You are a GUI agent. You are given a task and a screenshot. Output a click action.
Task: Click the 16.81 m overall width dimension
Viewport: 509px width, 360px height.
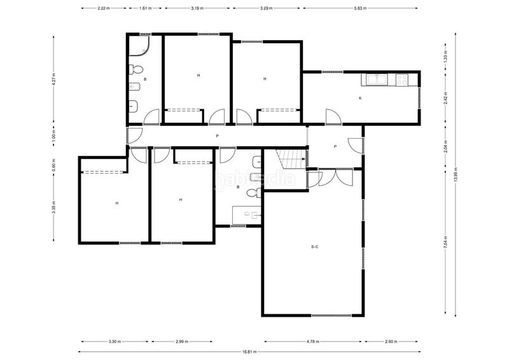coord(249,352)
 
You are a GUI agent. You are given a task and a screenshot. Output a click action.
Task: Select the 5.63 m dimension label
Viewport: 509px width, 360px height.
coord(360,8)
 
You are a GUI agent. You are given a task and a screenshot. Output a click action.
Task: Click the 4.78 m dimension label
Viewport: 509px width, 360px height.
coord(313,342)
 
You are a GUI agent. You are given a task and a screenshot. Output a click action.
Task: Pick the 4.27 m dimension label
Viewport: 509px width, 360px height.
coord(53,80)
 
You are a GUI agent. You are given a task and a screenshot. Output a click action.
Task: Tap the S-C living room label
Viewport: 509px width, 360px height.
coord(314,247)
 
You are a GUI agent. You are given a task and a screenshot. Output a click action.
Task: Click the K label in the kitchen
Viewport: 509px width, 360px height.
coord(360,98)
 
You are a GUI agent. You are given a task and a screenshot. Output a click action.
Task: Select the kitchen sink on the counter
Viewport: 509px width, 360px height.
coord(377,80)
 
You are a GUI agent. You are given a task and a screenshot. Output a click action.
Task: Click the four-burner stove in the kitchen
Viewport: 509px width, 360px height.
coord(402,80)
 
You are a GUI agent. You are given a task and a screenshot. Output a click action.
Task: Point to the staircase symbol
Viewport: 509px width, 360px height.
coord(291,159)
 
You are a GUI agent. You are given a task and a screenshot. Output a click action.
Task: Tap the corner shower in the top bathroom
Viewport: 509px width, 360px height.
coord(139,46)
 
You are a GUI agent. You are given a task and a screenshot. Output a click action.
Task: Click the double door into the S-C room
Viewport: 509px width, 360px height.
coord(336,177)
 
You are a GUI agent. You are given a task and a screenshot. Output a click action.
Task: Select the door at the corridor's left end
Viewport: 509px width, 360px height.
coord(134,136)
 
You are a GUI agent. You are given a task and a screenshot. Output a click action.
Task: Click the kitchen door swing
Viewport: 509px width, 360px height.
coord(333,117)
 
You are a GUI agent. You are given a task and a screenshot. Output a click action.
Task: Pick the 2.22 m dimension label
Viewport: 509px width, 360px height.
coord(104,8)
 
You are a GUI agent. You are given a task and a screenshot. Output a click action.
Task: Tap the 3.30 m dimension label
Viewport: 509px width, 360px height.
coord(115,342)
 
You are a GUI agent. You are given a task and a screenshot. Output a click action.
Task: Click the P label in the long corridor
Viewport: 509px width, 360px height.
coord(217,136)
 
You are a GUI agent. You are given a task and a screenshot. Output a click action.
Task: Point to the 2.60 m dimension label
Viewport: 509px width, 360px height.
coord(391,342)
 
